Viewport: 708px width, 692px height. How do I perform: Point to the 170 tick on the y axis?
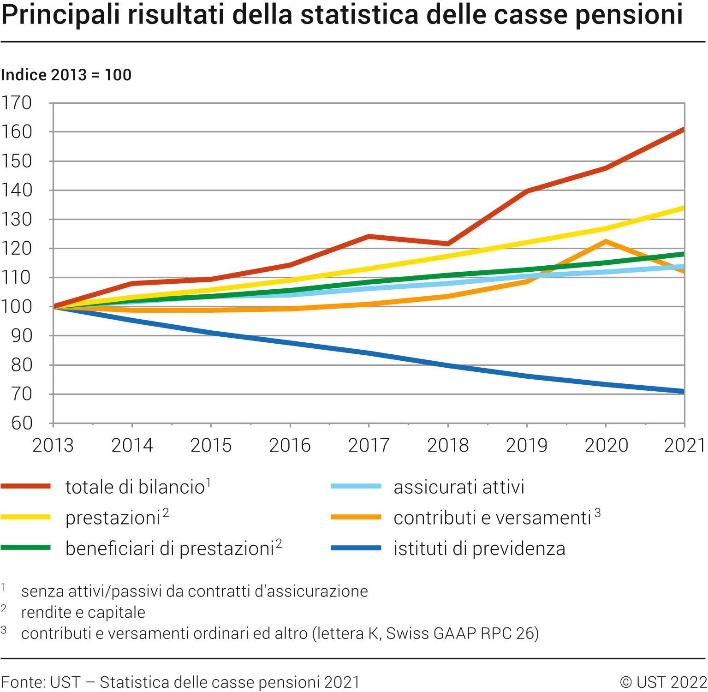click(x=17, y=103)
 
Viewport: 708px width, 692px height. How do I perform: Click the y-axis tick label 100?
click(x=17, y=307)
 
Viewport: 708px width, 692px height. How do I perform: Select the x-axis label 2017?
click(x=369, y=445)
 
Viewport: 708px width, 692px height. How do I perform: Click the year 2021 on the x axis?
click(x=684, y=445)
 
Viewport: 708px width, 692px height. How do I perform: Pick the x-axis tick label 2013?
click(x=53, y=445)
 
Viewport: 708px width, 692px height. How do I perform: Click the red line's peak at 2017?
click(x=369, y=237)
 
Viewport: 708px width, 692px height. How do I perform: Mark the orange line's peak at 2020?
click(x=605, y=241)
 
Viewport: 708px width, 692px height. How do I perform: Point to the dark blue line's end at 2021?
click(x=684, y=392)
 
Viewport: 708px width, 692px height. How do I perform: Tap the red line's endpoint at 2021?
click(x=684, y=130)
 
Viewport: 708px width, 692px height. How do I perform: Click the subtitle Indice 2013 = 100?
click(x=66, y=75)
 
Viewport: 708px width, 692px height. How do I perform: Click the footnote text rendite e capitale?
click(x=83, y=612)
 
